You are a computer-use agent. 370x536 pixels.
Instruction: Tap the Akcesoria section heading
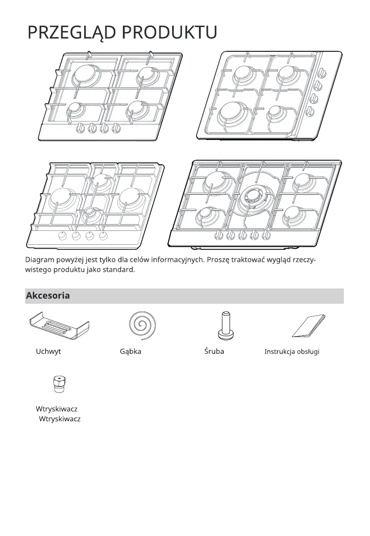point(48,296)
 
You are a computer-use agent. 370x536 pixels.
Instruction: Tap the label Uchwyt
point(48,351)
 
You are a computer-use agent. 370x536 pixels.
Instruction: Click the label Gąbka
point(131,351)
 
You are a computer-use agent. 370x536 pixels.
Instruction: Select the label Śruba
point(214,351)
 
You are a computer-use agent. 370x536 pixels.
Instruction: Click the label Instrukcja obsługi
point(292,351)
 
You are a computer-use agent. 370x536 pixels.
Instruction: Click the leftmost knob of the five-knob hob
point(219,234)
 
